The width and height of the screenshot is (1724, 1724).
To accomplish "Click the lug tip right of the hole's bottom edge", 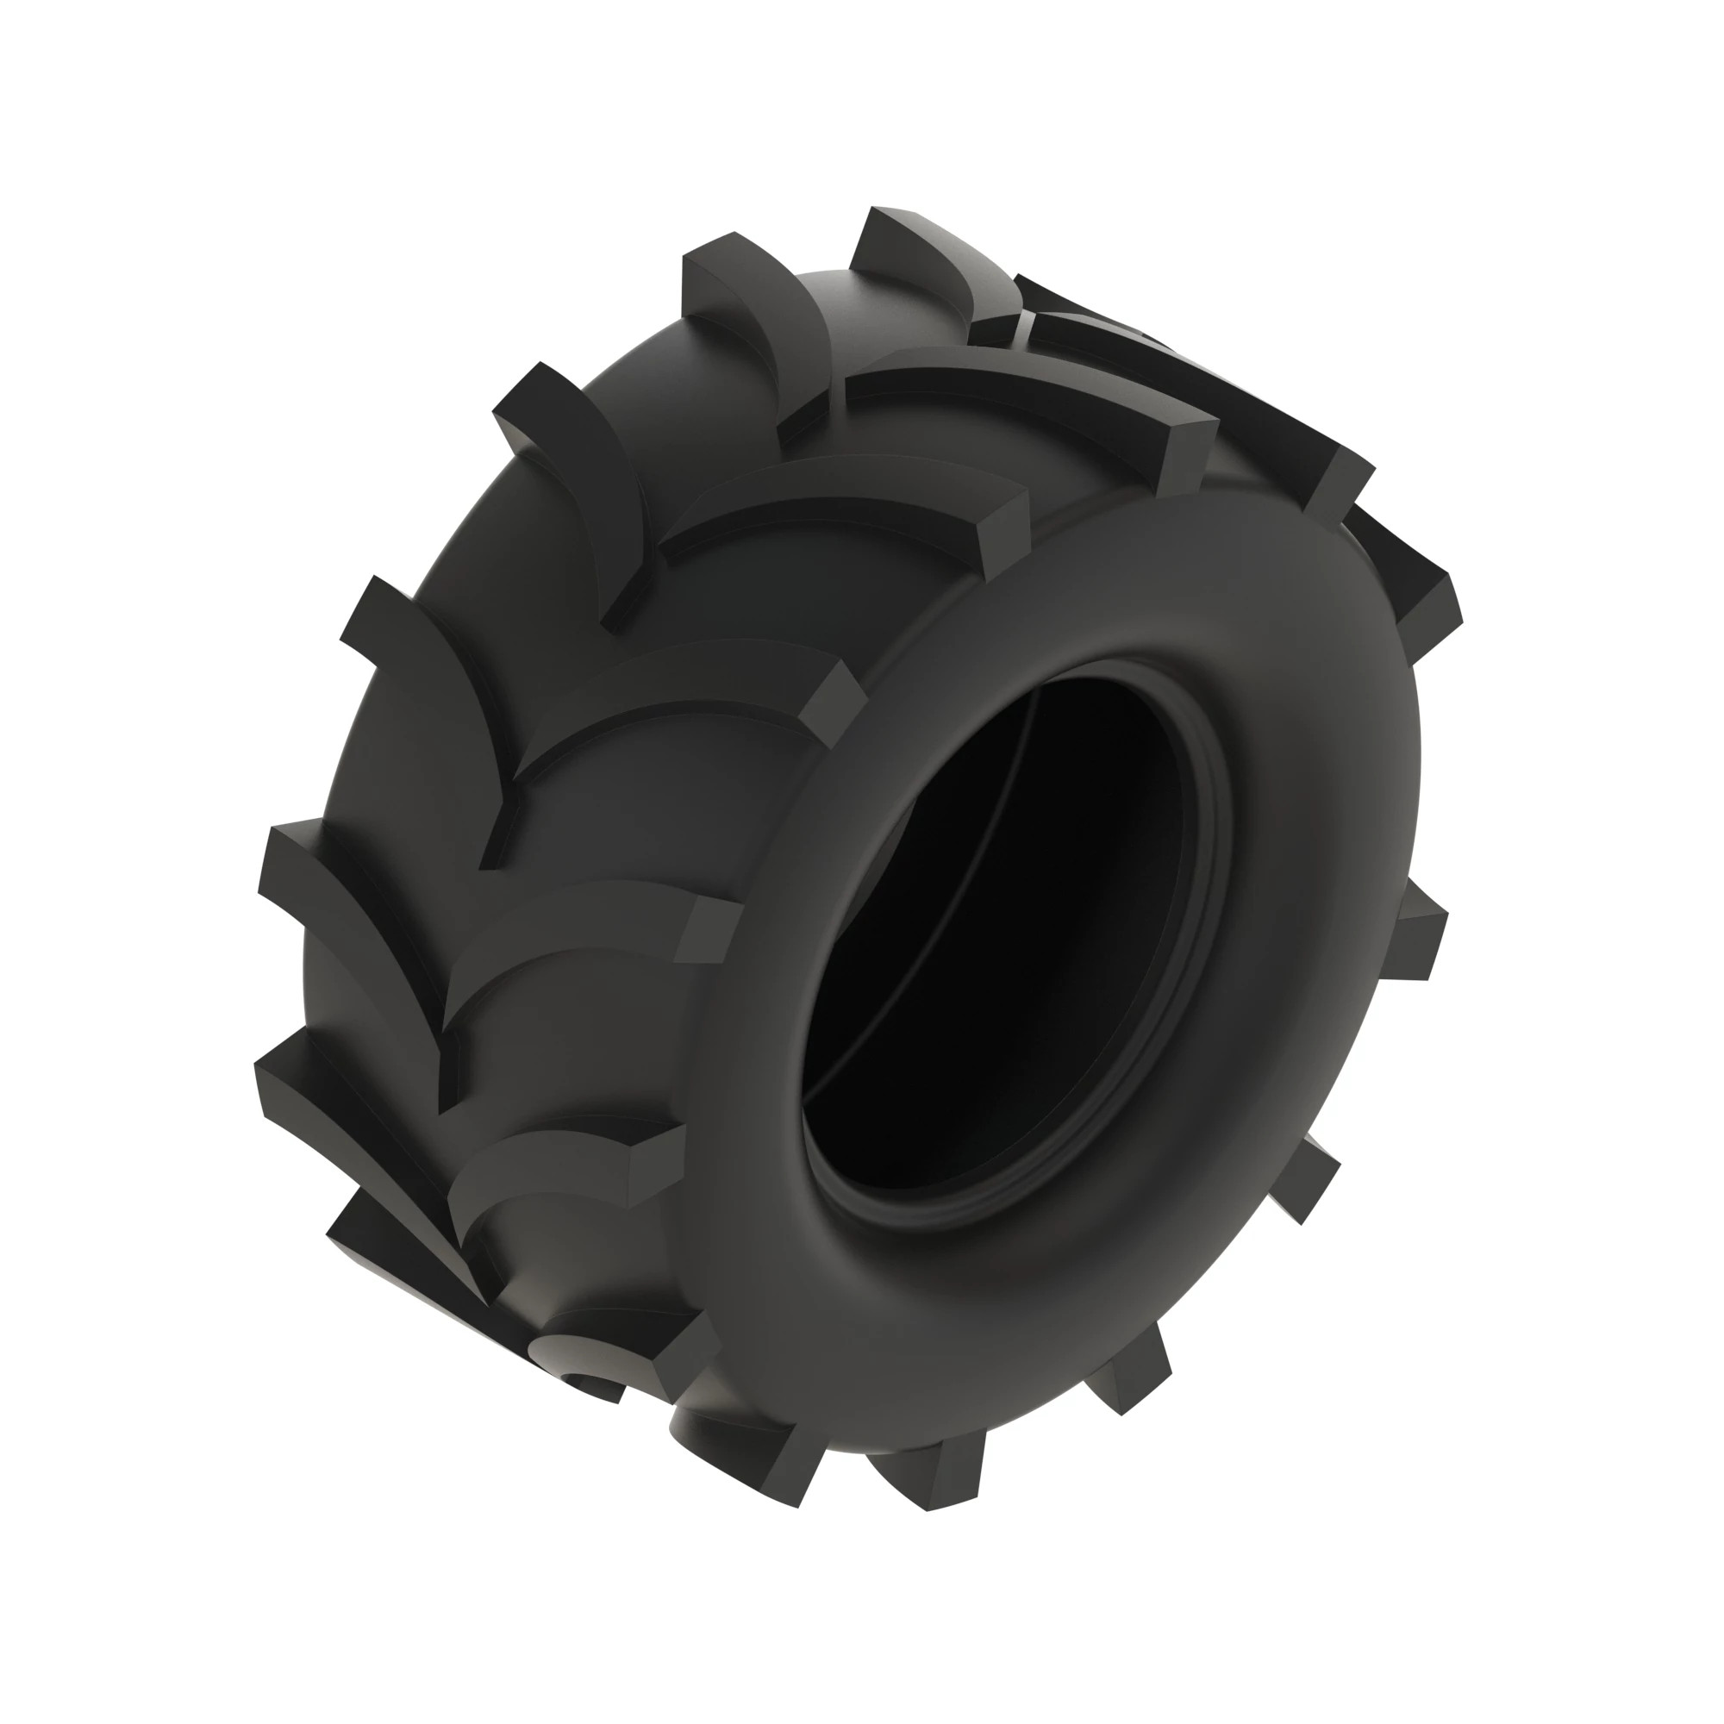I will point(1312,1177).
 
